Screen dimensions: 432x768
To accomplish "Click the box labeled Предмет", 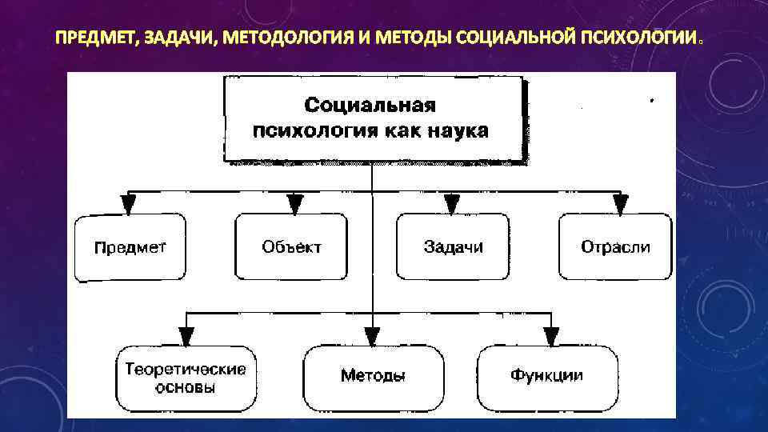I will pos(130,247).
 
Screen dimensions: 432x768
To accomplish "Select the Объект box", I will pos(291,247).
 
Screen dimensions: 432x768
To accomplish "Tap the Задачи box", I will pos(453,247).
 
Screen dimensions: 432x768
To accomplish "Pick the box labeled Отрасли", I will pos(615,247).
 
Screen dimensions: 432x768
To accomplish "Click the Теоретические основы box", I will pos(185,378).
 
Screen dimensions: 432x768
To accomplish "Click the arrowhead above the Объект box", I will pos(295,203).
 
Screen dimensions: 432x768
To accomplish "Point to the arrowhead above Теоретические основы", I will pos(186,336).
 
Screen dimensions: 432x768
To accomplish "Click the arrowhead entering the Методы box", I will pos(372,336).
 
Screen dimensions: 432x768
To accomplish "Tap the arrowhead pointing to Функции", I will pos(550,336).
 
